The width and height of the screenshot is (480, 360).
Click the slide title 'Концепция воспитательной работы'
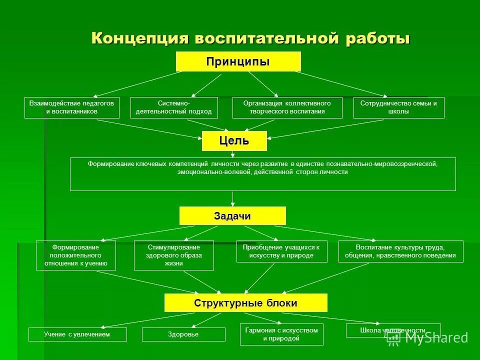[x=250, y=38]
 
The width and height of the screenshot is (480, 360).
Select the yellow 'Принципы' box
[x=238, y=61]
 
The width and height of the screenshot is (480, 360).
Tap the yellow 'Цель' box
[x=234, y=141]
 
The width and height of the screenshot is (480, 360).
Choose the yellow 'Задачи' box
[x=232, y=216]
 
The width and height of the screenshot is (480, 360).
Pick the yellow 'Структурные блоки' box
[x=245, y=303]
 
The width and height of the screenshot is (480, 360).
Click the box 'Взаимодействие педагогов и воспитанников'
[x=72, y=107]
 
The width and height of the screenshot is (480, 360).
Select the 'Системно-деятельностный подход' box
[x=174, y=107]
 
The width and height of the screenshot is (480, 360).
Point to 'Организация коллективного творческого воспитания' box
[x=287, y=107]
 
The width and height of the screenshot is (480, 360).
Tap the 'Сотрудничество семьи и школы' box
[x=398, y=107]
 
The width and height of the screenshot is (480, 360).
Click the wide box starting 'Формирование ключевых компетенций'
[x=262, y=174]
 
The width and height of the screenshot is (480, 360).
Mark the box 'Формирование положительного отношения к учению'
[x=76, y=255]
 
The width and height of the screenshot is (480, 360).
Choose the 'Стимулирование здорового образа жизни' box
[x=174, y=255]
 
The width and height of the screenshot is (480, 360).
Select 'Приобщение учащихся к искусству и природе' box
[x=282, y=251]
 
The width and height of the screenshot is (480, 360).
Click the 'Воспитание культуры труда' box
[x=400, y=251]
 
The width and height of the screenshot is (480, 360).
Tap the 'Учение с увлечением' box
[x=77, y=334]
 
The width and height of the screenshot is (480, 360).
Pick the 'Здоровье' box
[x=183, y=334]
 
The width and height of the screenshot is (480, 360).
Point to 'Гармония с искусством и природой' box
[x=281, y=334]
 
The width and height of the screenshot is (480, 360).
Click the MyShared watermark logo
[x=427, y=337]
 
